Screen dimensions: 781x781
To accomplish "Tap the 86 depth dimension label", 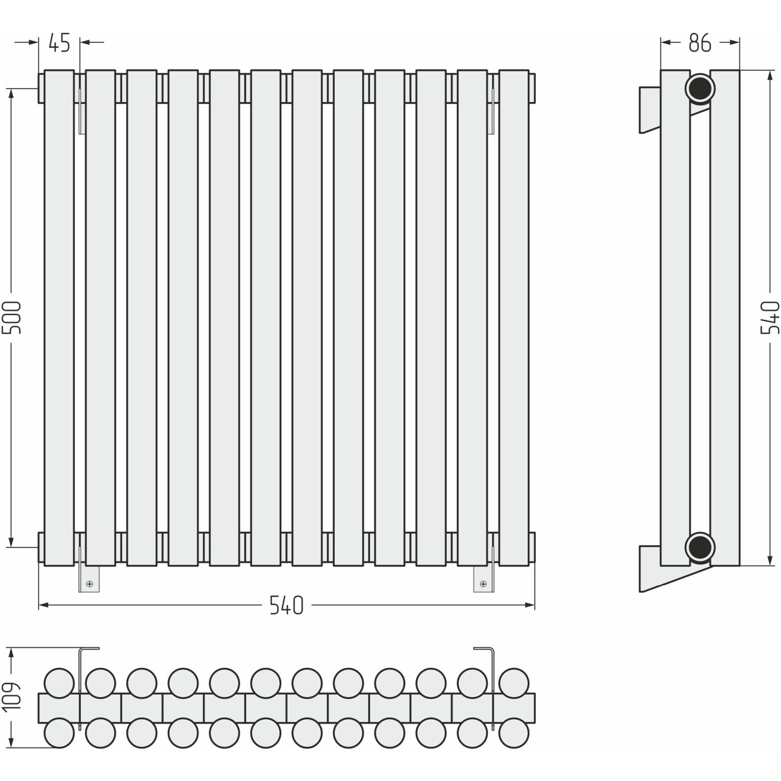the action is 699,43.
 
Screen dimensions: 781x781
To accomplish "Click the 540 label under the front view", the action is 286,605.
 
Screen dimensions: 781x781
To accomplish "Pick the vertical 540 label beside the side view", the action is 770,317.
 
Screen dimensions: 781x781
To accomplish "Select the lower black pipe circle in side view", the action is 700,547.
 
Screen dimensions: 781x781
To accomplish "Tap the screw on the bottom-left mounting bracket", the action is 89,584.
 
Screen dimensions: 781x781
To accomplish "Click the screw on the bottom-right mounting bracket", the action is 483,584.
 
